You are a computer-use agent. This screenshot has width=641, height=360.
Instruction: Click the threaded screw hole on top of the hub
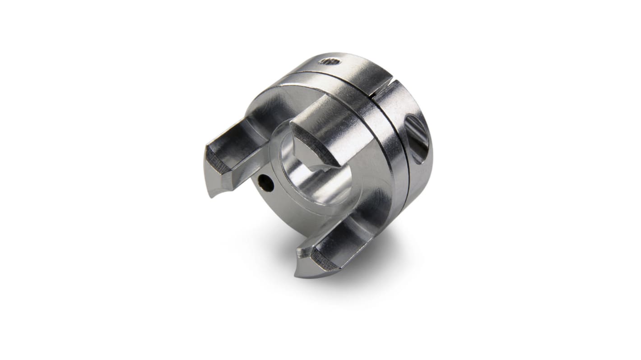pos(329,61)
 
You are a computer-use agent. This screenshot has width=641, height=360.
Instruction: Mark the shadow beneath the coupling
pos(361,253)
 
